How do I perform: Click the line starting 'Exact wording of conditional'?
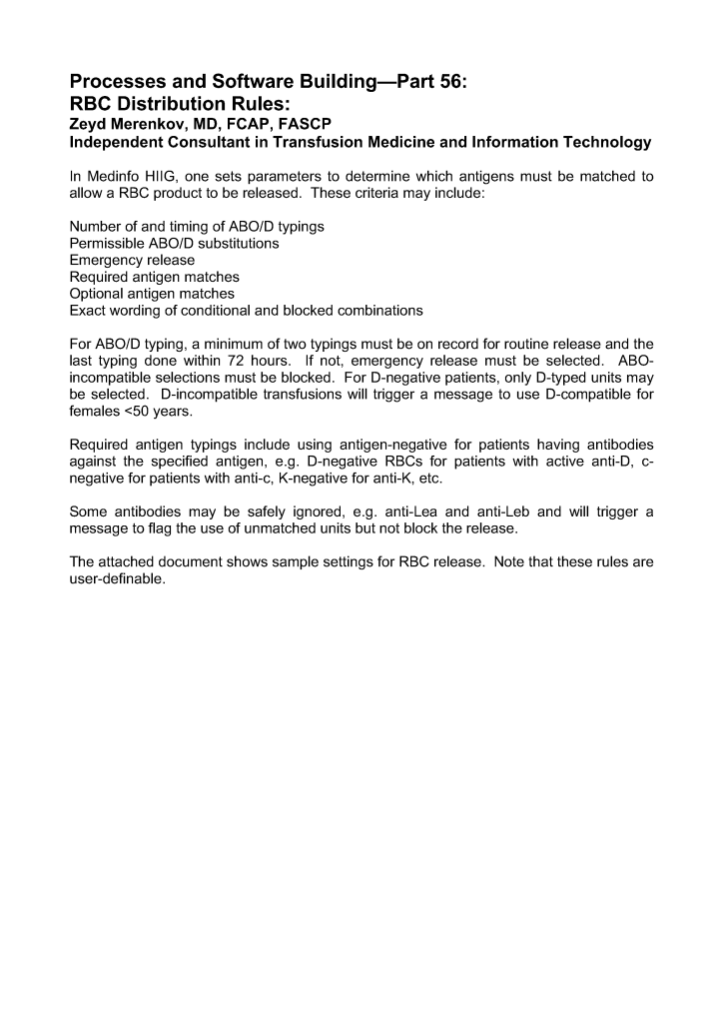(246, 310)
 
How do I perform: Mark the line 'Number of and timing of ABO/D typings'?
(197, 227)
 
